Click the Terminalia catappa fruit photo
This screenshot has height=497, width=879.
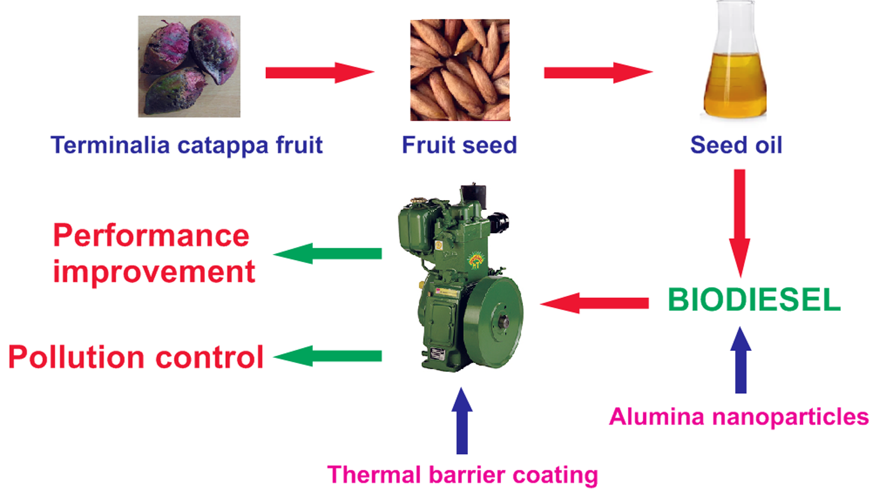189,66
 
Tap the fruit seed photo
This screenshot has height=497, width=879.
460,70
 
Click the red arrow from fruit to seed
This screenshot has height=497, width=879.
320,72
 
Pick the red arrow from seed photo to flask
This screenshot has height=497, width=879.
598,72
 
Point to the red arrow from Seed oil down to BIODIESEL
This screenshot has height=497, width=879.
740,223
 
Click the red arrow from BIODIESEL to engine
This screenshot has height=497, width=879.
594,303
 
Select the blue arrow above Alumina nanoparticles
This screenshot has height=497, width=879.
741,360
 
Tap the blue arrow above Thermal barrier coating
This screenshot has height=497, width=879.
462,421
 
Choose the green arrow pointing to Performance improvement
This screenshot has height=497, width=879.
327,253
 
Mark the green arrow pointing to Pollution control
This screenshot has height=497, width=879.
327,356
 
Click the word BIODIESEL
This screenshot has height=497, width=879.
754,300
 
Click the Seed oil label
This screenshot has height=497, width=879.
736,145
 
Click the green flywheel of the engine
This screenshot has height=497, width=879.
493,322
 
